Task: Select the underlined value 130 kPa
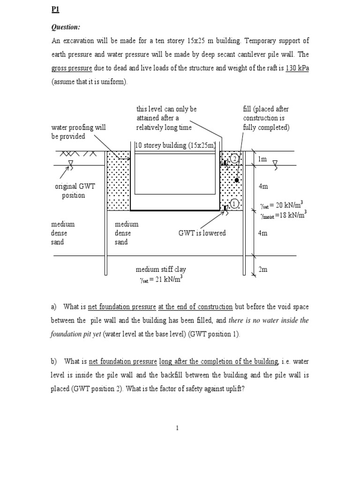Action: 297,68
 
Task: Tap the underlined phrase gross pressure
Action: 71,68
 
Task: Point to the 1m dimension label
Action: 262,159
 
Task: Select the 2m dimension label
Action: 262,270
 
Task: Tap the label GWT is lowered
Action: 202,233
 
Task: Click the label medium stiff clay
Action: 161,270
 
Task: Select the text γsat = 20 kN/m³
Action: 281,204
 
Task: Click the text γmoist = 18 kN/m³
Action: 282,215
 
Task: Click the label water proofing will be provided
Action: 78,132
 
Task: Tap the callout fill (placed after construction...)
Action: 266,118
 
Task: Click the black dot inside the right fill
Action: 238,180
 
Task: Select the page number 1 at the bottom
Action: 178,427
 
